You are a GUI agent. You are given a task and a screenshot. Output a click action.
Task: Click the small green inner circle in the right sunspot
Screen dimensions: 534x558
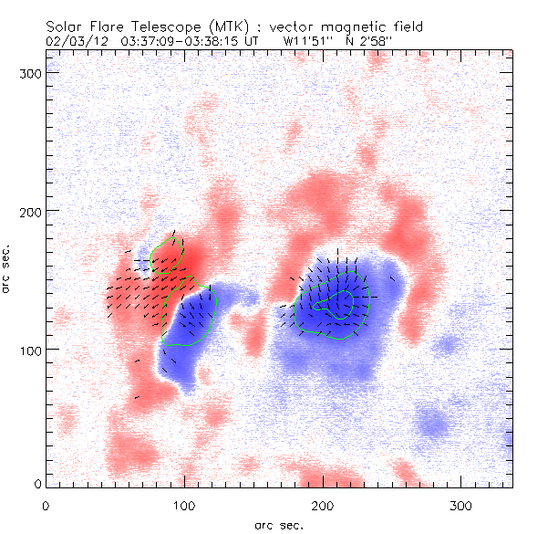pyautogui.click(x=341, y=305)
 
